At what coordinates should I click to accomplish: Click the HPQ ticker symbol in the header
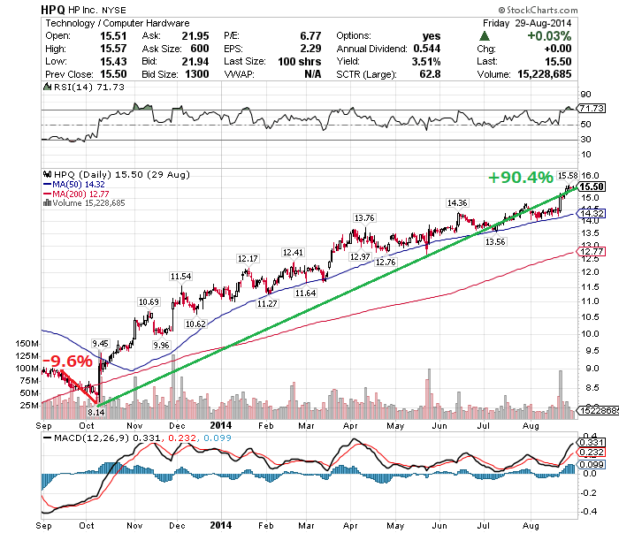coord(53,8)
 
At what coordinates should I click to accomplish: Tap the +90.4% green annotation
coord(520,179)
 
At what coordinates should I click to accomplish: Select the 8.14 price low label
coord(97,412)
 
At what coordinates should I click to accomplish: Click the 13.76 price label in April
coord(363,217)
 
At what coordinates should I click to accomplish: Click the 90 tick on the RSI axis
coord(585,93)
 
